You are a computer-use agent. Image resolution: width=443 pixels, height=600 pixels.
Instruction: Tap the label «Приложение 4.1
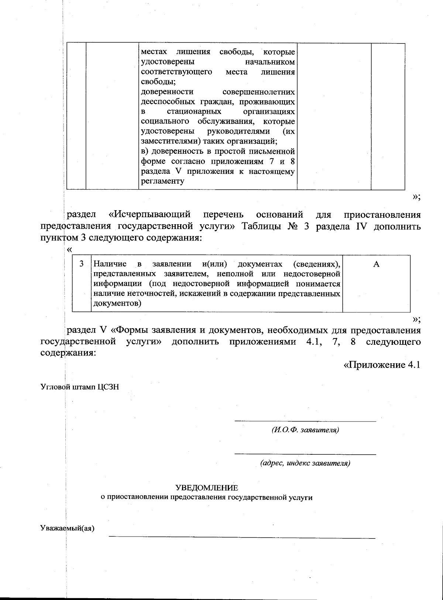click(x=382, y=365)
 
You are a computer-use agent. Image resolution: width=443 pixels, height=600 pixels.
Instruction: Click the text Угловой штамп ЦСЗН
click(x=79, y=387)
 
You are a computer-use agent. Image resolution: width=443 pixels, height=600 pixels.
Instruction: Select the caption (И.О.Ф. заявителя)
click(x=305, y=430)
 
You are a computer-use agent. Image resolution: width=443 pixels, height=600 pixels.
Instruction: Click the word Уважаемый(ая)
click(x=67, y=528)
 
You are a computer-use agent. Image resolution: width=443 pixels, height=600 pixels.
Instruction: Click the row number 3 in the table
click(x=82, y=264)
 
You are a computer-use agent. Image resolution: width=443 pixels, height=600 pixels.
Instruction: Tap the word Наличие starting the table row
click(x=110, y=264)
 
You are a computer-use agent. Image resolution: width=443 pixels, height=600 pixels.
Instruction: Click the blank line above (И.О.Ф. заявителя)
click(x=305, y=421)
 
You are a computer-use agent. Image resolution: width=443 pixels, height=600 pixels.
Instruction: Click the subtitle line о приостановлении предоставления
click(x=207, y=497)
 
